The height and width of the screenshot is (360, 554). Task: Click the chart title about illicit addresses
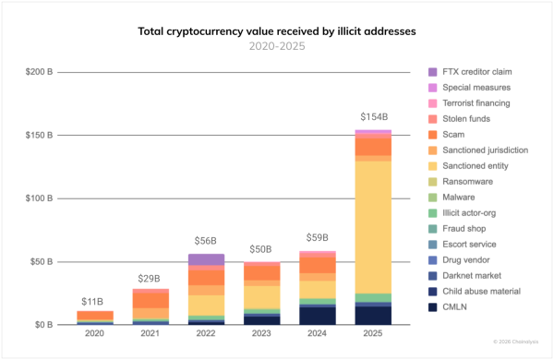pos(277,31)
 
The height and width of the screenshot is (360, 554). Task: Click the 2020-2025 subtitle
pos(277,45)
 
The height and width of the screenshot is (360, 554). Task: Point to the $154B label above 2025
pos(373,118)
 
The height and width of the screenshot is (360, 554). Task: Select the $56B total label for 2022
pos(204,243)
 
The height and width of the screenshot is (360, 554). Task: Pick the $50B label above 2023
pos(260,250)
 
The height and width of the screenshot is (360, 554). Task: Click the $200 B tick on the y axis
pos(39,72)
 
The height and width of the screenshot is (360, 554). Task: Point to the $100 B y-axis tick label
pos(39,198)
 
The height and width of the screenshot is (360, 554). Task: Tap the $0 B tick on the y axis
pos(43,325)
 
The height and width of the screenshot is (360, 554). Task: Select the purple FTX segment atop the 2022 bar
pos(204,259)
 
